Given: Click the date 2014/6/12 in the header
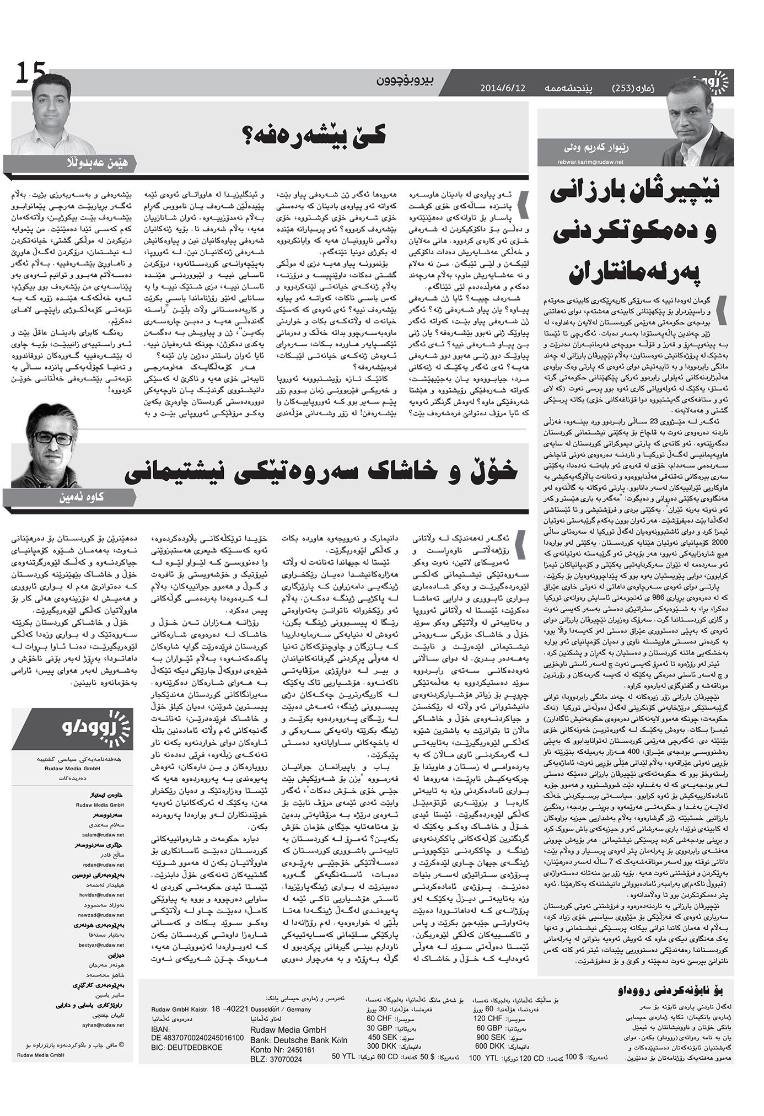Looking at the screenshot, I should [x=503, y=87].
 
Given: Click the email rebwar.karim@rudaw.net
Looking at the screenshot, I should [x=589, y=162].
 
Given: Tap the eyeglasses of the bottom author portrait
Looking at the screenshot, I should [x=53, y=438].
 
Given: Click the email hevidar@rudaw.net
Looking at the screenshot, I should [x=107, y=894].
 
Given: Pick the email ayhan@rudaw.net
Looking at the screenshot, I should [x=107, y=1025].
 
